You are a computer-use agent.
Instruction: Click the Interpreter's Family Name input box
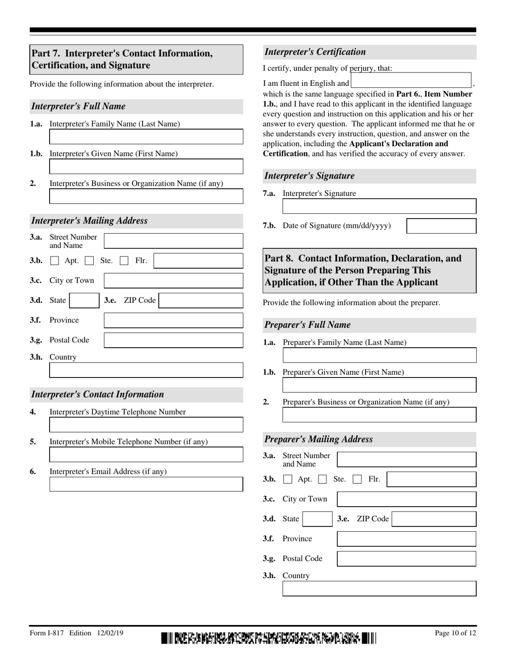pos(146,137)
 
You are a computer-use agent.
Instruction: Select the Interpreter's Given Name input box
pos(146,167)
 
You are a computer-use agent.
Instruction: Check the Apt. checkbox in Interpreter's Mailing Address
pos(54,261)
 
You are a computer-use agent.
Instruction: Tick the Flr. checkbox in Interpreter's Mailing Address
pos(124,261)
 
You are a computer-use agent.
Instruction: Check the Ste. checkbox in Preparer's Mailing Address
pos(322,479)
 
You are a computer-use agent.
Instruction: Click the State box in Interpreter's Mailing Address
pos(84,301)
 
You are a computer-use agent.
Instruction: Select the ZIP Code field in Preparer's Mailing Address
pos(434,519)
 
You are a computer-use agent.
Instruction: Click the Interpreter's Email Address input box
pos(146,484)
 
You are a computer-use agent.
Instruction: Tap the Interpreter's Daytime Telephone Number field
pos(146,425)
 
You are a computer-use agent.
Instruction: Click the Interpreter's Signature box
pos(379,206)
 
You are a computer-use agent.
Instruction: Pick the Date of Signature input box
pos(441,226)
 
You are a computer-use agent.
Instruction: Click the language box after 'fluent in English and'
pos(411,81)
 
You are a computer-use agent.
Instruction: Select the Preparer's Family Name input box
pos(379,356)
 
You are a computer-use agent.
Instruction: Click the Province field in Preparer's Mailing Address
pos(406,539)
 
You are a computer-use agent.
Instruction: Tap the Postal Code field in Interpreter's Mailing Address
pos(173,340)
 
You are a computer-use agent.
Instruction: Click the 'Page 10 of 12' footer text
pos(455,634)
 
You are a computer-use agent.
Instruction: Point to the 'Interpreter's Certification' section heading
pos(315,52)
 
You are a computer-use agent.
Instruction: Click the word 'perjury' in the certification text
pos(362,68)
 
